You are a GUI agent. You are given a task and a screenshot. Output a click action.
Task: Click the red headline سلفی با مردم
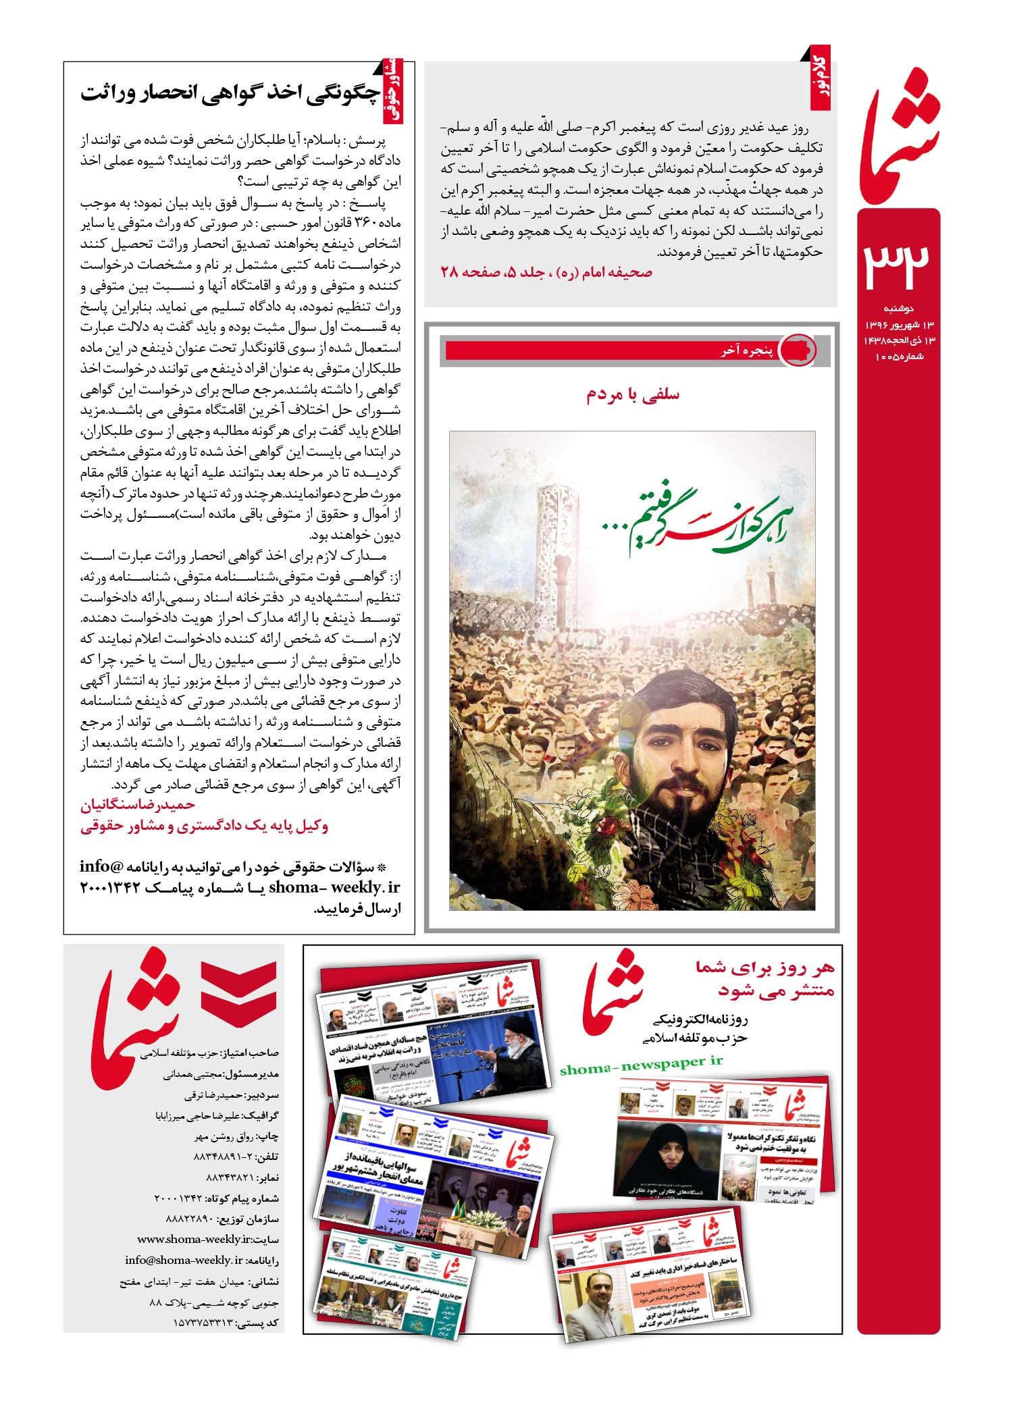point(633,395)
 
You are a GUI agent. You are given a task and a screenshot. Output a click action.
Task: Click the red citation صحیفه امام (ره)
point(546,273)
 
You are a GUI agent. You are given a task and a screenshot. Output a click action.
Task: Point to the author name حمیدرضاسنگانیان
point(138,805)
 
